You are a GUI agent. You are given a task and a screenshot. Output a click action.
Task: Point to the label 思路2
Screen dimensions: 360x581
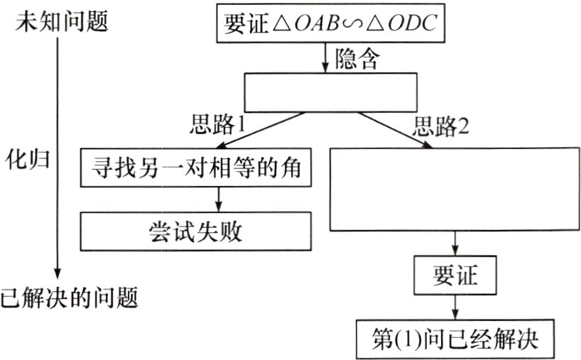click(x=441, y=126)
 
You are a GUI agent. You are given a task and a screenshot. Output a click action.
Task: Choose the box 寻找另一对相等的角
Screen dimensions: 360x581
click(x=195, y=168)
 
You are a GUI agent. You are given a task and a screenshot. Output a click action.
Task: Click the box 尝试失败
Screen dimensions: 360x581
click(x=195, y=231)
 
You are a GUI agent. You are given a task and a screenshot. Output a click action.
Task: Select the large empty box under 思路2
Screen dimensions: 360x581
click(x=455, y=188)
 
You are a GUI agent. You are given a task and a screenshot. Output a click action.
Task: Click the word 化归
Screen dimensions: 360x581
click(x=28, y=158)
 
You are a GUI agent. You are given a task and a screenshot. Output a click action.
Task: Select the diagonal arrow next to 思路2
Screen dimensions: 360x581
click(x=398, y=132)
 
